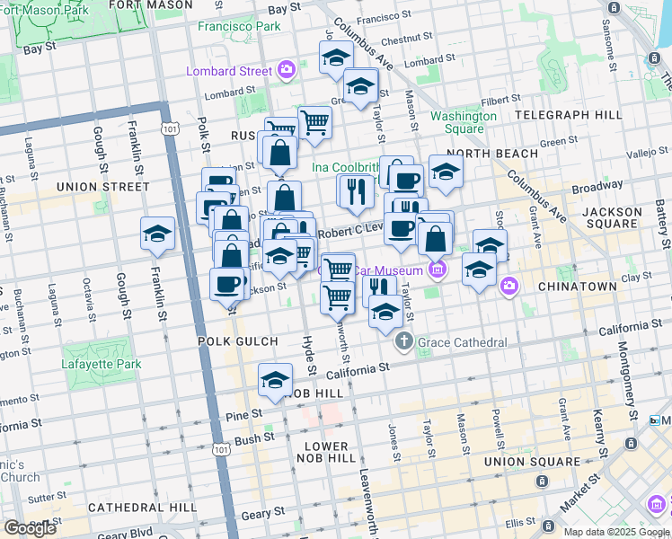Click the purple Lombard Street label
tap(228, 71)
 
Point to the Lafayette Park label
tap(102, 365)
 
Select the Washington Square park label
tap(464, 122)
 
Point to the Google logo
tap(29, 528)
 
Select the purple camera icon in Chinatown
tap(509, 286)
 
